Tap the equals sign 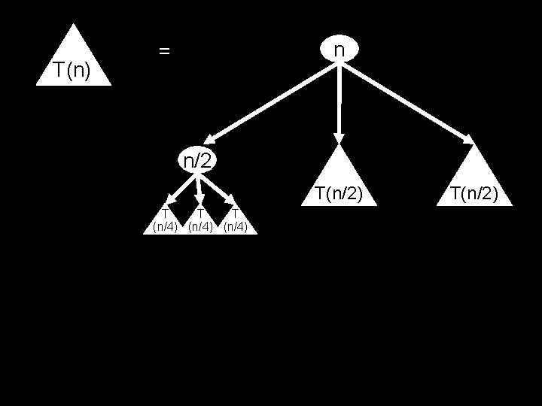tap(164, 51)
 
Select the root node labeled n tap(340, 49)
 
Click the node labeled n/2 tap(197, 159)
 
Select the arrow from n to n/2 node tap(271, 102)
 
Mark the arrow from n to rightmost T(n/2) tap(406, 102)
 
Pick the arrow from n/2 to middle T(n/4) tap(198, 188)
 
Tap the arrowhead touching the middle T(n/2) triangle tap(339, 138)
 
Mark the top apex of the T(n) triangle tap(73, 26)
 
